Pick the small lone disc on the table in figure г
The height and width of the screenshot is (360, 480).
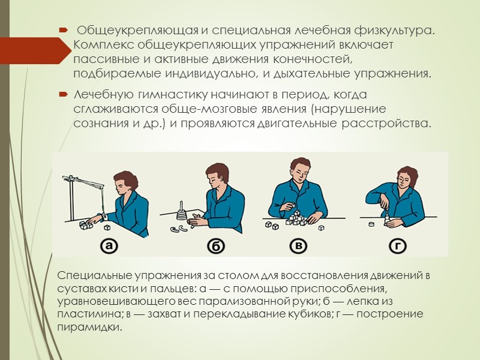[372, 224]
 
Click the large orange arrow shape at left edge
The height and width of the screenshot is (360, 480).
[36, 48]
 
